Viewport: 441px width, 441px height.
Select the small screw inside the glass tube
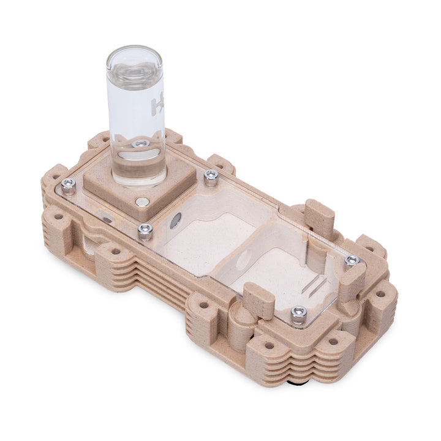tap(141, 144)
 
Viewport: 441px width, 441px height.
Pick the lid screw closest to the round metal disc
tap(145, 230)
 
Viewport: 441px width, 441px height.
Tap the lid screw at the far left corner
tap(69, 184)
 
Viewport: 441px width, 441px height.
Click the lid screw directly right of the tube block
tap(211, 177)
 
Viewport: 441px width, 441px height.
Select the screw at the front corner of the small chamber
tap(298, 314)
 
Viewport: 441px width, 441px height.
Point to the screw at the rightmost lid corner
tap(352, 261)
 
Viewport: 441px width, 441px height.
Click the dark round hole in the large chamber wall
tap(176, 221)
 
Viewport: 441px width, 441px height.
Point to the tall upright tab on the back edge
tap(320, 217)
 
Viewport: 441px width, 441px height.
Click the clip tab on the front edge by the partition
tap(260, 300)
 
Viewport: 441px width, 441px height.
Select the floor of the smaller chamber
tap(276, 279)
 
